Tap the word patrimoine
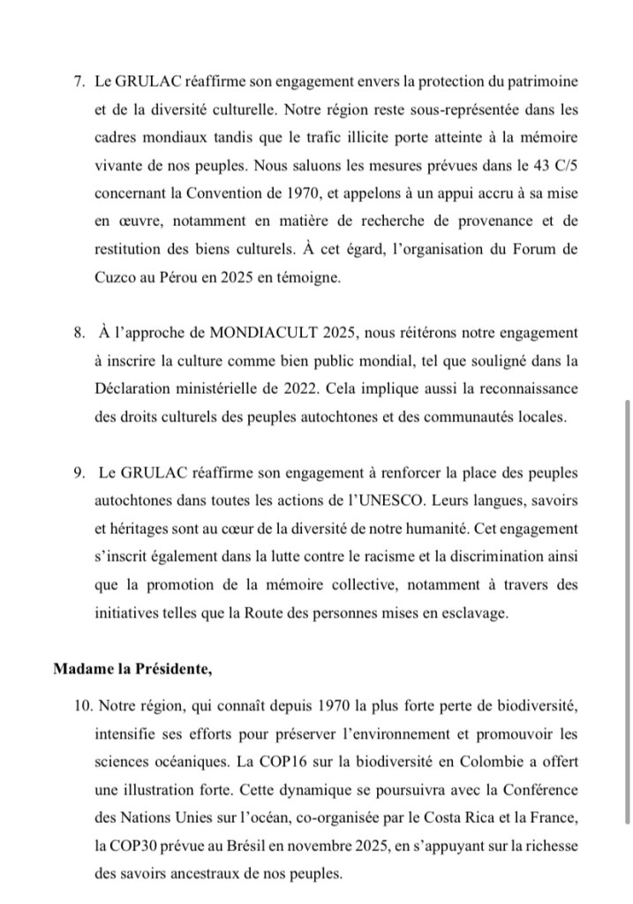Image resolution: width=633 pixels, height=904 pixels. tap(540, 80)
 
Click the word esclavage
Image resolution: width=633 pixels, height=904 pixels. tap(476, 613)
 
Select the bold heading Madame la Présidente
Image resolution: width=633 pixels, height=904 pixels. tap(132, 667)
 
